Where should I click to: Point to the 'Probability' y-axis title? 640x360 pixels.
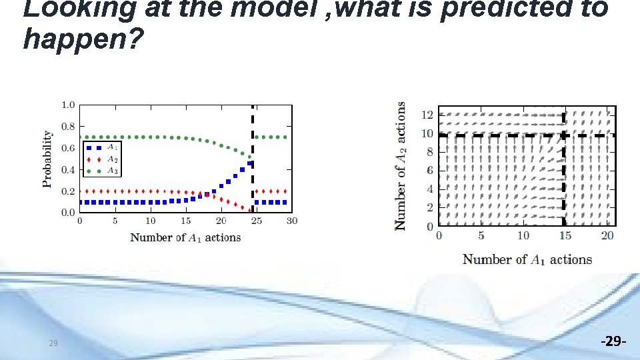(48, 159)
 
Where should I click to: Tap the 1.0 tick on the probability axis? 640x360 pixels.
(67, 105)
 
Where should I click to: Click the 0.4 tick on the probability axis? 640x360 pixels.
(67, 169)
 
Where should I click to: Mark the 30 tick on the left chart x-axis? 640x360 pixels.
(292, 221)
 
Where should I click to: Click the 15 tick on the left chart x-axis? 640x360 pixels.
(185, 221)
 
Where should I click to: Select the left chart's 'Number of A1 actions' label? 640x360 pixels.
(185, 237)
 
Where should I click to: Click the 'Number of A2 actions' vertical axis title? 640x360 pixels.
(401, 165)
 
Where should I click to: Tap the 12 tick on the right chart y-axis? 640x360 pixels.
(426, 115)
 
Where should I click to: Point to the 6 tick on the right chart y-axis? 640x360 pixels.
(429, 171)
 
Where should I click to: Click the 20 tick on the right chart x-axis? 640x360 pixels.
(607, 235)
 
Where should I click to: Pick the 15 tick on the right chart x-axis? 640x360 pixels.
(565, 235)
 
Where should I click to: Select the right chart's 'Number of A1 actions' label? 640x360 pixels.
(527, 259)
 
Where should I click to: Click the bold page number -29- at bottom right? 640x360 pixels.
(613, 342)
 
